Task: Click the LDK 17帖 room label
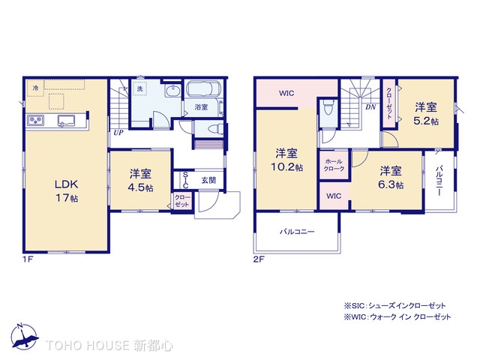pyautogui.click(x=65, y=190)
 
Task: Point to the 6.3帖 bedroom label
pyautogui.click(x=390, y=177)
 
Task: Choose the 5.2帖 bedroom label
pyautogui.click(x=426, y=112)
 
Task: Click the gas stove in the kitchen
pyautogui.click(x=36, y=121)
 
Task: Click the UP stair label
pyautogui.click(x=118, y=133)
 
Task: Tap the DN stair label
pyautogui.click(x=370, y=106)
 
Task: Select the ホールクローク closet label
pyautogui.click(x=334, y=165)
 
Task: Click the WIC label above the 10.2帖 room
pyautogui.click(x=286, y=93)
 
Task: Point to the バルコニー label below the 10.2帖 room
pyautogui.click(x=298, y=232)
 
